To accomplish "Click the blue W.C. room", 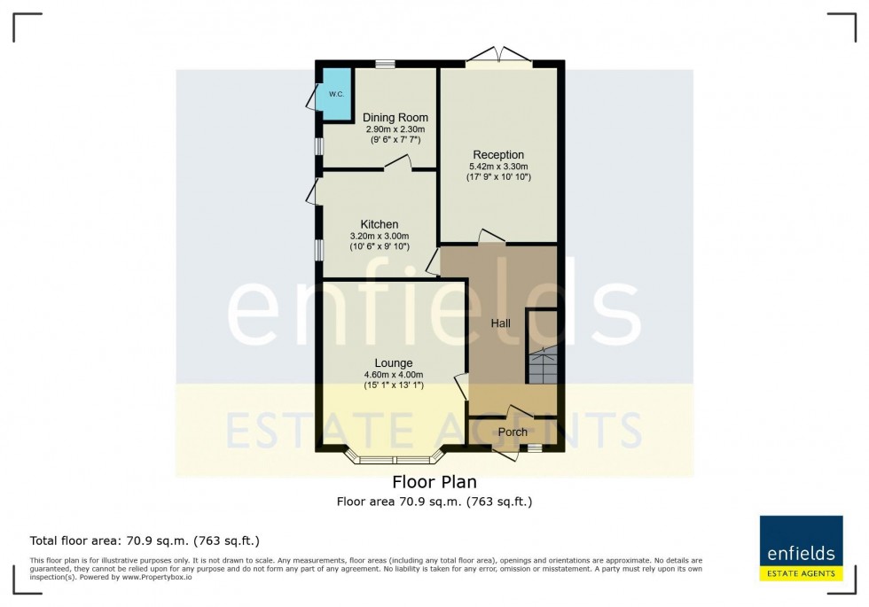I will pos(336,93).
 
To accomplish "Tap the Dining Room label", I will pos(395,118).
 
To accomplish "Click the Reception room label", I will pos(498,155).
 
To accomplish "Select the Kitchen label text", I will pos(379,224).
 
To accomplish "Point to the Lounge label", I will pos(394,363).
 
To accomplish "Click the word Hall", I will pos(501,324).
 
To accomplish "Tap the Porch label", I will pos(513,432).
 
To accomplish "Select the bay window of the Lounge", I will pos(394,458).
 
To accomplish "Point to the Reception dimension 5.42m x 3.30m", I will pos(498,167).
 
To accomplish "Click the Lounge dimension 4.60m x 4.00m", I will pos(394,375).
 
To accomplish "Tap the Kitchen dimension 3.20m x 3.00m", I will pos(379,236).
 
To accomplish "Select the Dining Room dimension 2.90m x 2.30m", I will pos(395,129).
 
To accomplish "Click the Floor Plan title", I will pos(434,483).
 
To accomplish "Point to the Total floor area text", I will pos(145,540).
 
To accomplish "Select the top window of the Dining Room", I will pos(385,64).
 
